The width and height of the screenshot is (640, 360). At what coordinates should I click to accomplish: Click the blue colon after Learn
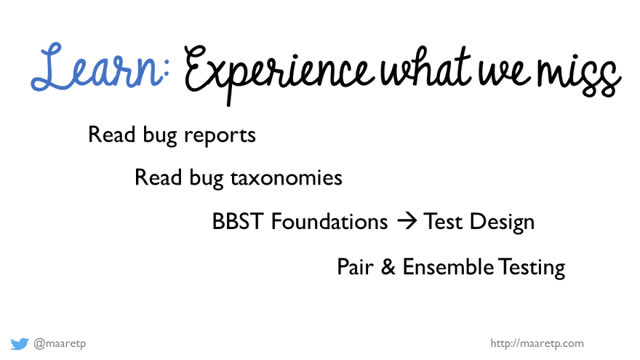[x=165, y=73]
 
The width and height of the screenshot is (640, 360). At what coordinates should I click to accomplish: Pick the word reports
[x=220, y=135]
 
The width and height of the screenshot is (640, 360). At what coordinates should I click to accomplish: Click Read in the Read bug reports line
[x=111, y=135]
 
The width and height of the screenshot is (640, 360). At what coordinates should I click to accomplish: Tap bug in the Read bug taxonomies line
[x=206, y=178]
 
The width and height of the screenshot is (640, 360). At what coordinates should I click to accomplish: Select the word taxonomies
[x=286, y=178]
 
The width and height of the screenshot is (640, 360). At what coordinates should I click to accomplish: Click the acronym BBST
[x=238, y=222]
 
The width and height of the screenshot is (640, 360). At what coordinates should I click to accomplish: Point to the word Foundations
[x=329, y=222]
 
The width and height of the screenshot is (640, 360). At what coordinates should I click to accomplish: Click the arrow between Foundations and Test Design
[x=407, y=221]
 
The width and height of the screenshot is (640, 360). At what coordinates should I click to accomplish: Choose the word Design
[x=502, y=223]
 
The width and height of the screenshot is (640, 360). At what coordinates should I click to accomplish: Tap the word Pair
[x=355, y=267]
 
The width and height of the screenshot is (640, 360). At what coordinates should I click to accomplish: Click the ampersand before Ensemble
[x=388, y=267]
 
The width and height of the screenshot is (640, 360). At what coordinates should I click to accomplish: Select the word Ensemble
[x=448, y=267]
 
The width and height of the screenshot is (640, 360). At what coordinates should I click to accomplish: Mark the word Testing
[x=532, y=268]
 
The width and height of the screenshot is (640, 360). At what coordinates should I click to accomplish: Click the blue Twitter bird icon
[x=19, y=344]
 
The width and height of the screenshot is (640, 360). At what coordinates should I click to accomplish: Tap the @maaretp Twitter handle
[x=60, y=344]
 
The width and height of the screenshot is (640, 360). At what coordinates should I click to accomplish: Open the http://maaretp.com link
[x=537, y=344]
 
